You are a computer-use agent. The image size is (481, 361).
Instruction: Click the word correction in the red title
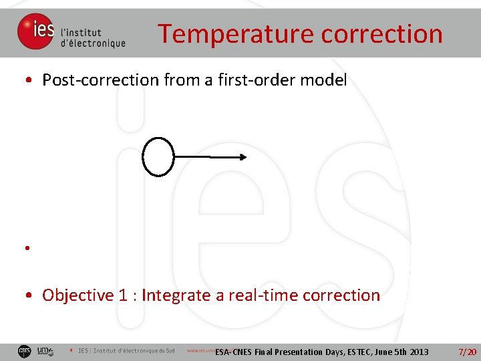[379, 33]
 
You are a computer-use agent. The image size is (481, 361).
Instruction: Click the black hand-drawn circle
[158, 156]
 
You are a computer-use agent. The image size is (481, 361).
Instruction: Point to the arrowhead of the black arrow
[243, 157]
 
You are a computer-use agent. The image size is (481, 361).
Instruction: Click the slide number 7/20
[467, 352]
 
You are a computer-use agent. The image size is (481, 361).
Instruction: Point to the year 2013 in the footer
[418, 352]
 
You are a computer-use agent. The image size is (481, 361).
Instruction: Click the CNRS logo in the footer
[25, 351]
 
